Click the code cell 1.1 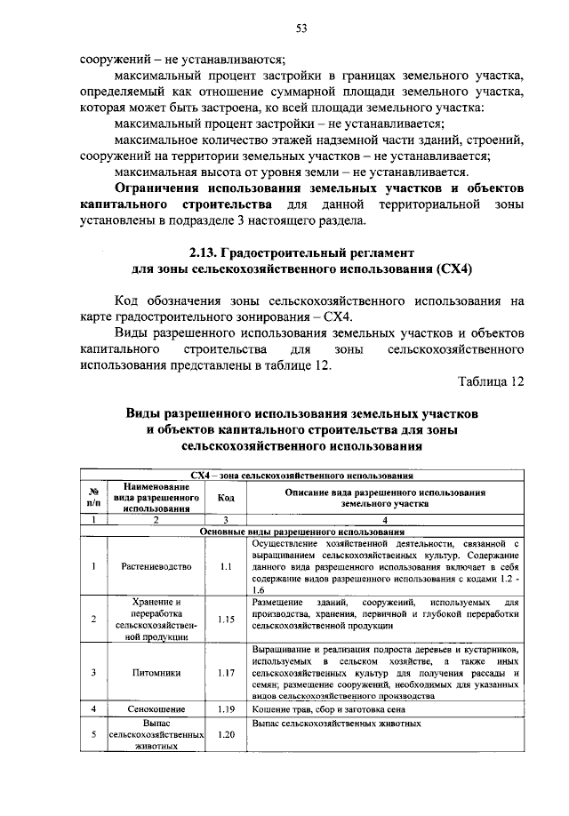(x=226, y=564)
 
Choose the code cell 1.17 (x=226, y=672)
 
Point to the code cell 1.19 (x=226, y=709)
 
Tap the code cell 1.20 (x=226, y=735)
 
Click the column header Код (x=226, y=498)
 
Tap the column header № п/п (x=92, y=498)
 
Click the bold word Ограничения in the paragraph (x=156, y=188)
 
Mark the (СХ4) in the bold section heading (x=453, y=268)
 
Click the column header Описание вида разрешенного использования (x=384, y=498)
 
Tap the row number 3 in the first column (x=92, y=672)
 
